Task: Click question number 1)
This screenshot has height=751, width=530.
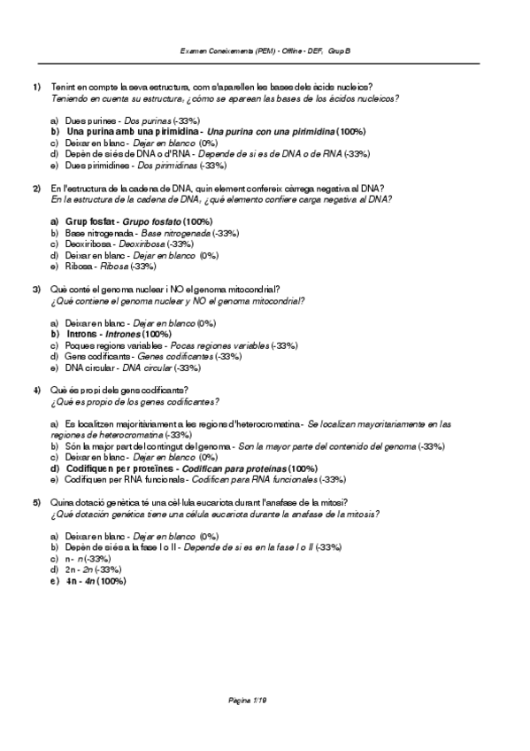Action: (x=36, y=86)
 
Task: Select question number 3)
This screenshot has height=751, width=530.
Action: (x=36, y=290)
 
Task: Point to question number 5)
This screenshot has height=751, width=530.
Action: (x=36, y=502)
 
